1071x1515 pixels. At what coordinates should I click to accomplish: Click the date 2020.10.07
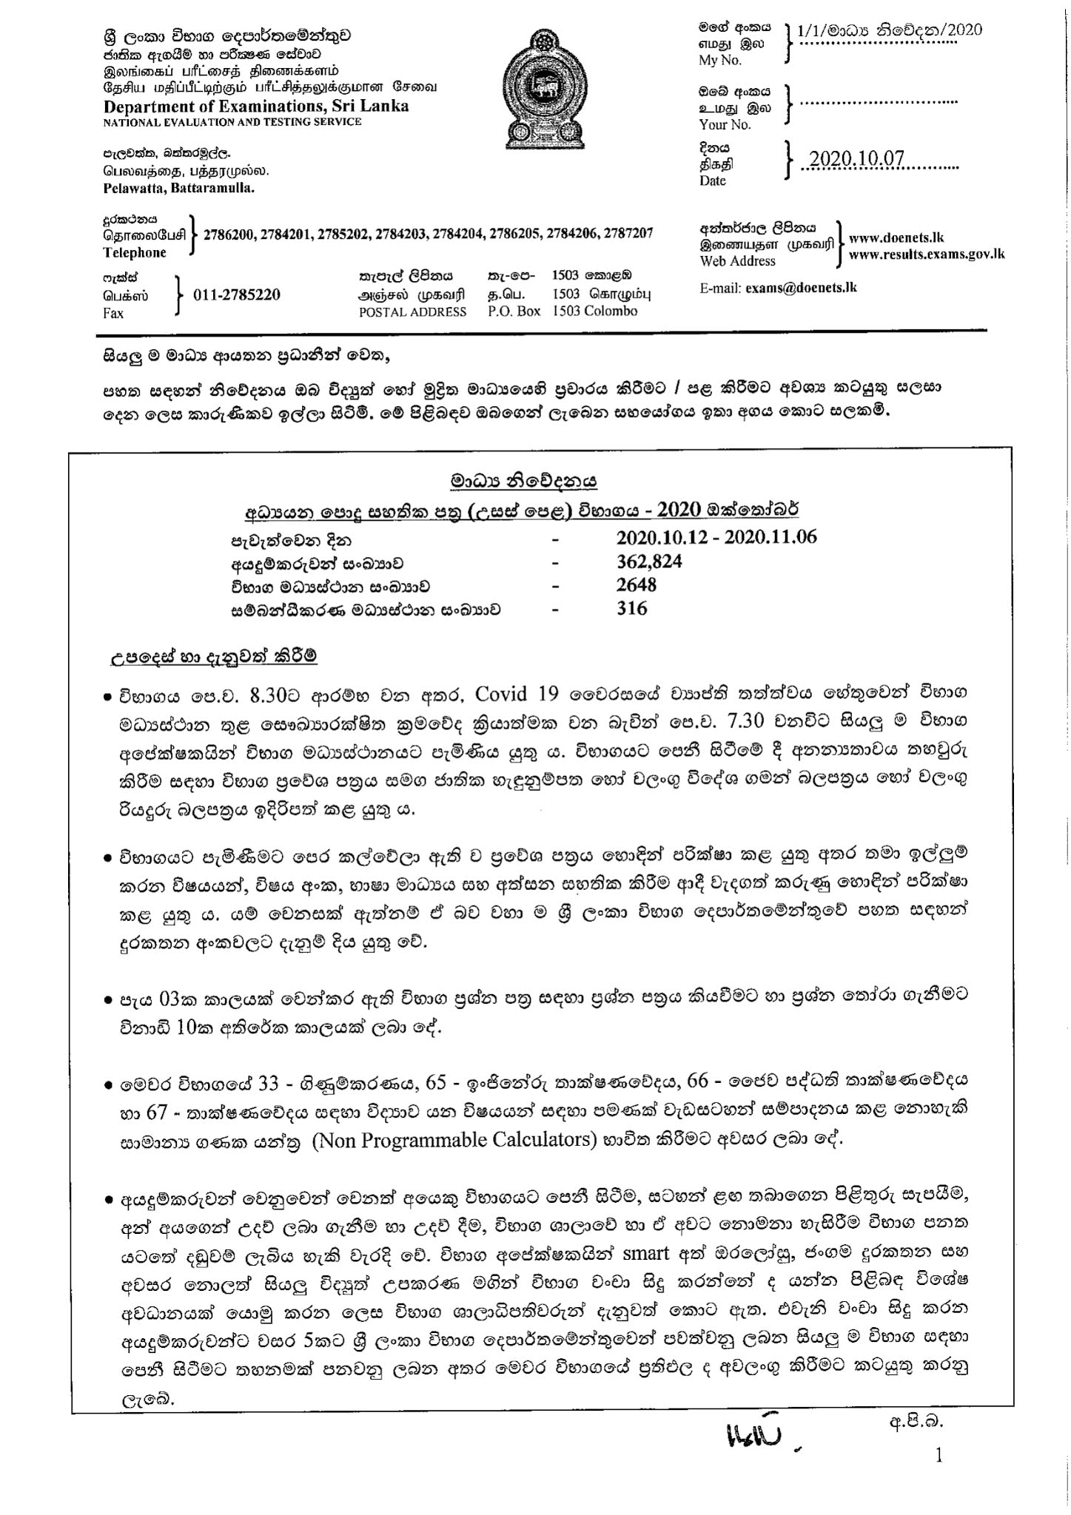pyautogui.click(x=857, y=160)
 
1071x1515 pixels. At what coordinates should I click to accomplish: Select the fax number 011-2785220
pyautogui.click(x=236, y=294)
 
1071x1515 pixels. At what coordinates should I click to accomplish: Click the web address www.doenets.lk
pyautogui.click(x=896, y=238)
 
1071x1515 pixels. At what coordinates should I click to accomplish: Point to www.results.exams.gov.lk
pyautogui.click(x=927, y=254)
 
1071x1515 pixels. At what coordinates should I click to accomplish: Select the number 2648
pyautogui.click(x=636, y=585)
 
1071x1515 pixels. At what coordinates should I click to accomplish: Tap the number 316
pyautogui.click(x=631, y=609)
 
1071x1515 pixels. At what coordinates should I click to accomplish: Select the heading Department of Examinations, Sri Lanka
pyautogui.click(x=255, y=105)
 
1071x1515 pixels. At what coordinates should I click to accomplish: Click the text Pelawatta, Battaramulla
pyautogui.click(x=178, y=189)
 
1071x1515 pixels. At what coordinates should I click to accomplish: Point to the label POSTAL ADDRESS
pyautogui.click(x=412, y=311)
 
